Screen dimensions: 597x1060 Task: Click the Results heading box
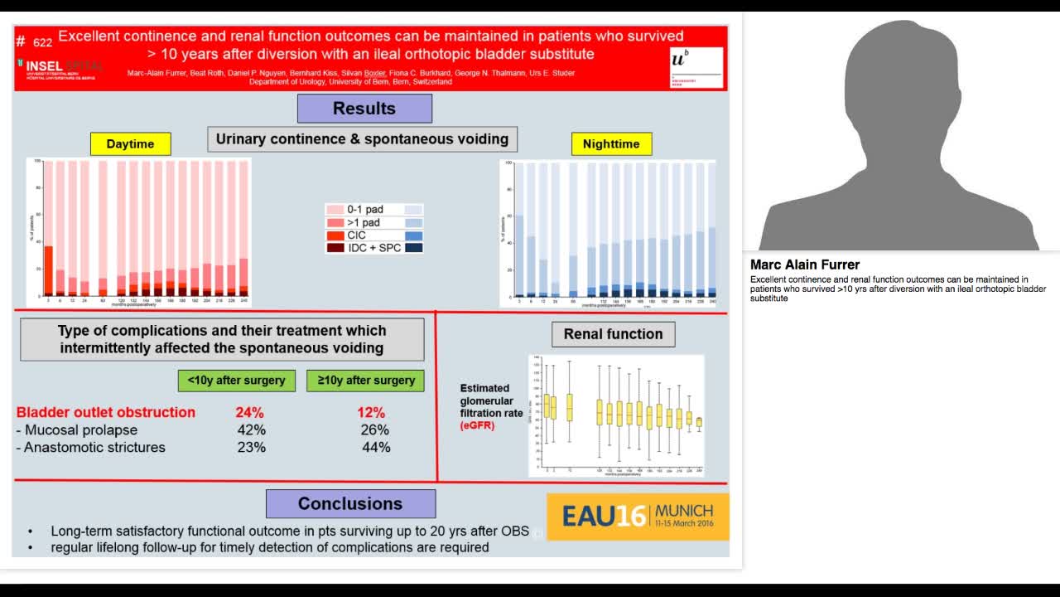pos(364,109)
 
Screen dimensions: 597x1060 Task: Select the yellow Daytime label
pos(130,143)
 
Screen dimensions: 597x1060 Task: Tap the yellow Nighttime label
pos(611,143)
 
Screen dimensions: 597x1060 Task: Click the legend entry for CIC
pos(356,235)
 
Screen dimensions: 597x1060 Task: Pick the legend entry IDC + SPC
pos(373,248)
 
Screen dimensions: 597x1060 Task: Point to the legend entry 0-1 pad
pos(364,210)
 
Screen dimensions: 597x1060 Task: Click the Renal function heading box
pos(613,334)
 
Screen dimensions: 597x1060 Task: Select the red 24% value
pos(249,412)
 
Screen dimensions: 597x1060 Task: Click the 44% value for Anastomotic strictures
pos(376,447)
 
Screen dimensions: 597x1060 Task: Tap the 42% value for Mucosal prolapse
pos(251,430)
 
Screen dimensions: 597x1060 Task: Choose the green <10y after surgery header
pos(236,381)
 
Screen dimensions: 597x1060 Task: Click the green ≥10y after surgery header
pos(365,381)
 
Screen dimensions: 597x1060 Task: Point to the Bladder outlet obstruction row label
pos(106,412)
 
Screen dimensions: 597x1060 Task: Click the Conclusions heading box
pos(350,503)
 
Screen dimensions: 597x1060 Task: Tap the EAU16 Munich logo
pos(638,517)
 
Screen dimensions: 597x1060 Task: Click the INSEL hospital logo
pos(58,67)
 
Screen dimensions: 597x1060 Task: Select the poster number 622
pos(42,41)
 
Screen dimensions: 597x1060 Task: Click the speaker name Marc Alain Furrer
pos(805,265)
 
